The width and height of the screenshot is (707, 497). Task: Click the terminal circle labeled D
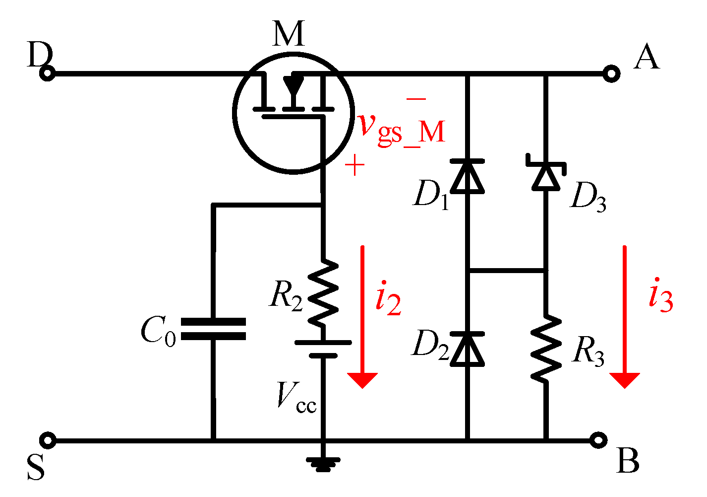point(48,74)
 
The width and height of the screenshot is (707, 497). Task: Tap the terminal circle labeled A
point(611,74)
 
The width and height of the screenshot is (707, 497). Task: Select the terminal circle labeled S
point(48,440)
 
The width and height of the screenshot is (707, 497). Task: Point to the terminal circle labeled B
point(599,440)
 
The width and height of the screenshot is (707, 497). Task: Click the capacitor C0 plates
point(213,329)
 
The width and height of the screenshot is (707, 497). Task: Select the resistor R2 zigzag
point(323,293)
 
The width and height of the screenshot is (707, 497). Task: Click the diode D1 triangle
point(467,176)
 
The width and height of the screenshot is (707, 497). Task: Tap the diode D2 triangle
point(467,349)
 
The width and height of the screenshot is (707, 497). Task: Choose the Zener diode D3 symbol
point(546,174)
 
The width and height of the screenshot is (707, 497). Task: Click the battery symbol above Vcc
point(323,349)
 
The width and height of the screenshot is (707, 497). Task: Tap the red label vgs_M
point(402,129)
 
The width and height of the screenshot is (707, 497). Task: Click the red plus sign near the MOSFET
point(354,165)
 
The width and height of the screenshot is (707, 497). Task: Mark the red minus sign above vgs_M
point(416,99)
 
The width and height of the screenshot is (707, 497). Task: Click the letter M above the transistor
point(288,34)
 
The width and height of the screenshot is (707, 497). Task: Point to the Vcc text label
point(296,397)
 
